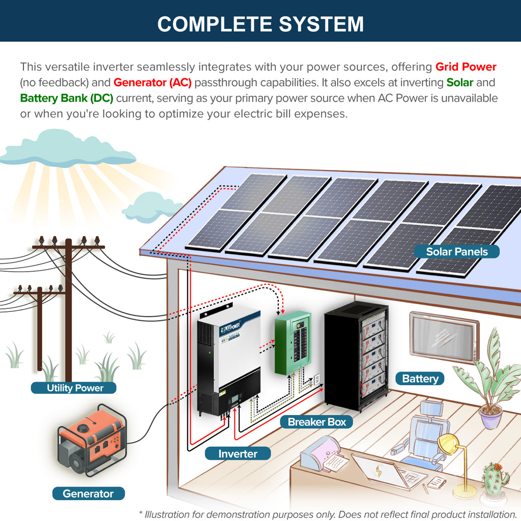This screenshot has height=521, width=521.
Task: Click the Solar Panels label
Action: coord(456,251)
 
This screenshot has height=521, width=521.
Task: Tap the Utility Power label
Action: coord(74,388)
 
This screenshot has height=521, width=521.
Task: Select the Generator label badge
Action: coord(89,493)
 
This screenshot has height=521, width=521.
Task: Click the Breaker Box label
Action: coord(316,422)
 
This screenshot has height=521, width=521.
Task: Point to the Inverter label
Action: coord(238,453)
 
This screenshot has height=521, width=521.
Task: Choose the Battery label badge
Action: coord(420,379)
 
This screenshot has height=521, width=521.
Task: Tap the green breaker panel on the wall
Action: coord(293,342)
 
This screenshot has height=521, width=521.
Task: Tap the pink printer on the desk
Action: coord(321,452)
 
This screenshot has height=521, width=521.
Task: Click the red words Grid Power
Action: coord(466,67)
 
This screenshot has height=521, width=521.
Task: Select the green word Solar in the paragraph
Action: coord(459,82)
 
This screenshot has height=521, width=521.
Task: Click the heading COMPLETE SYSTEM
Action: coord(260,24)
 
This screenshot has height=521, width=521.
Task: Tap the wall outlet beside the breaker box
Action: coord(317,379)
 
